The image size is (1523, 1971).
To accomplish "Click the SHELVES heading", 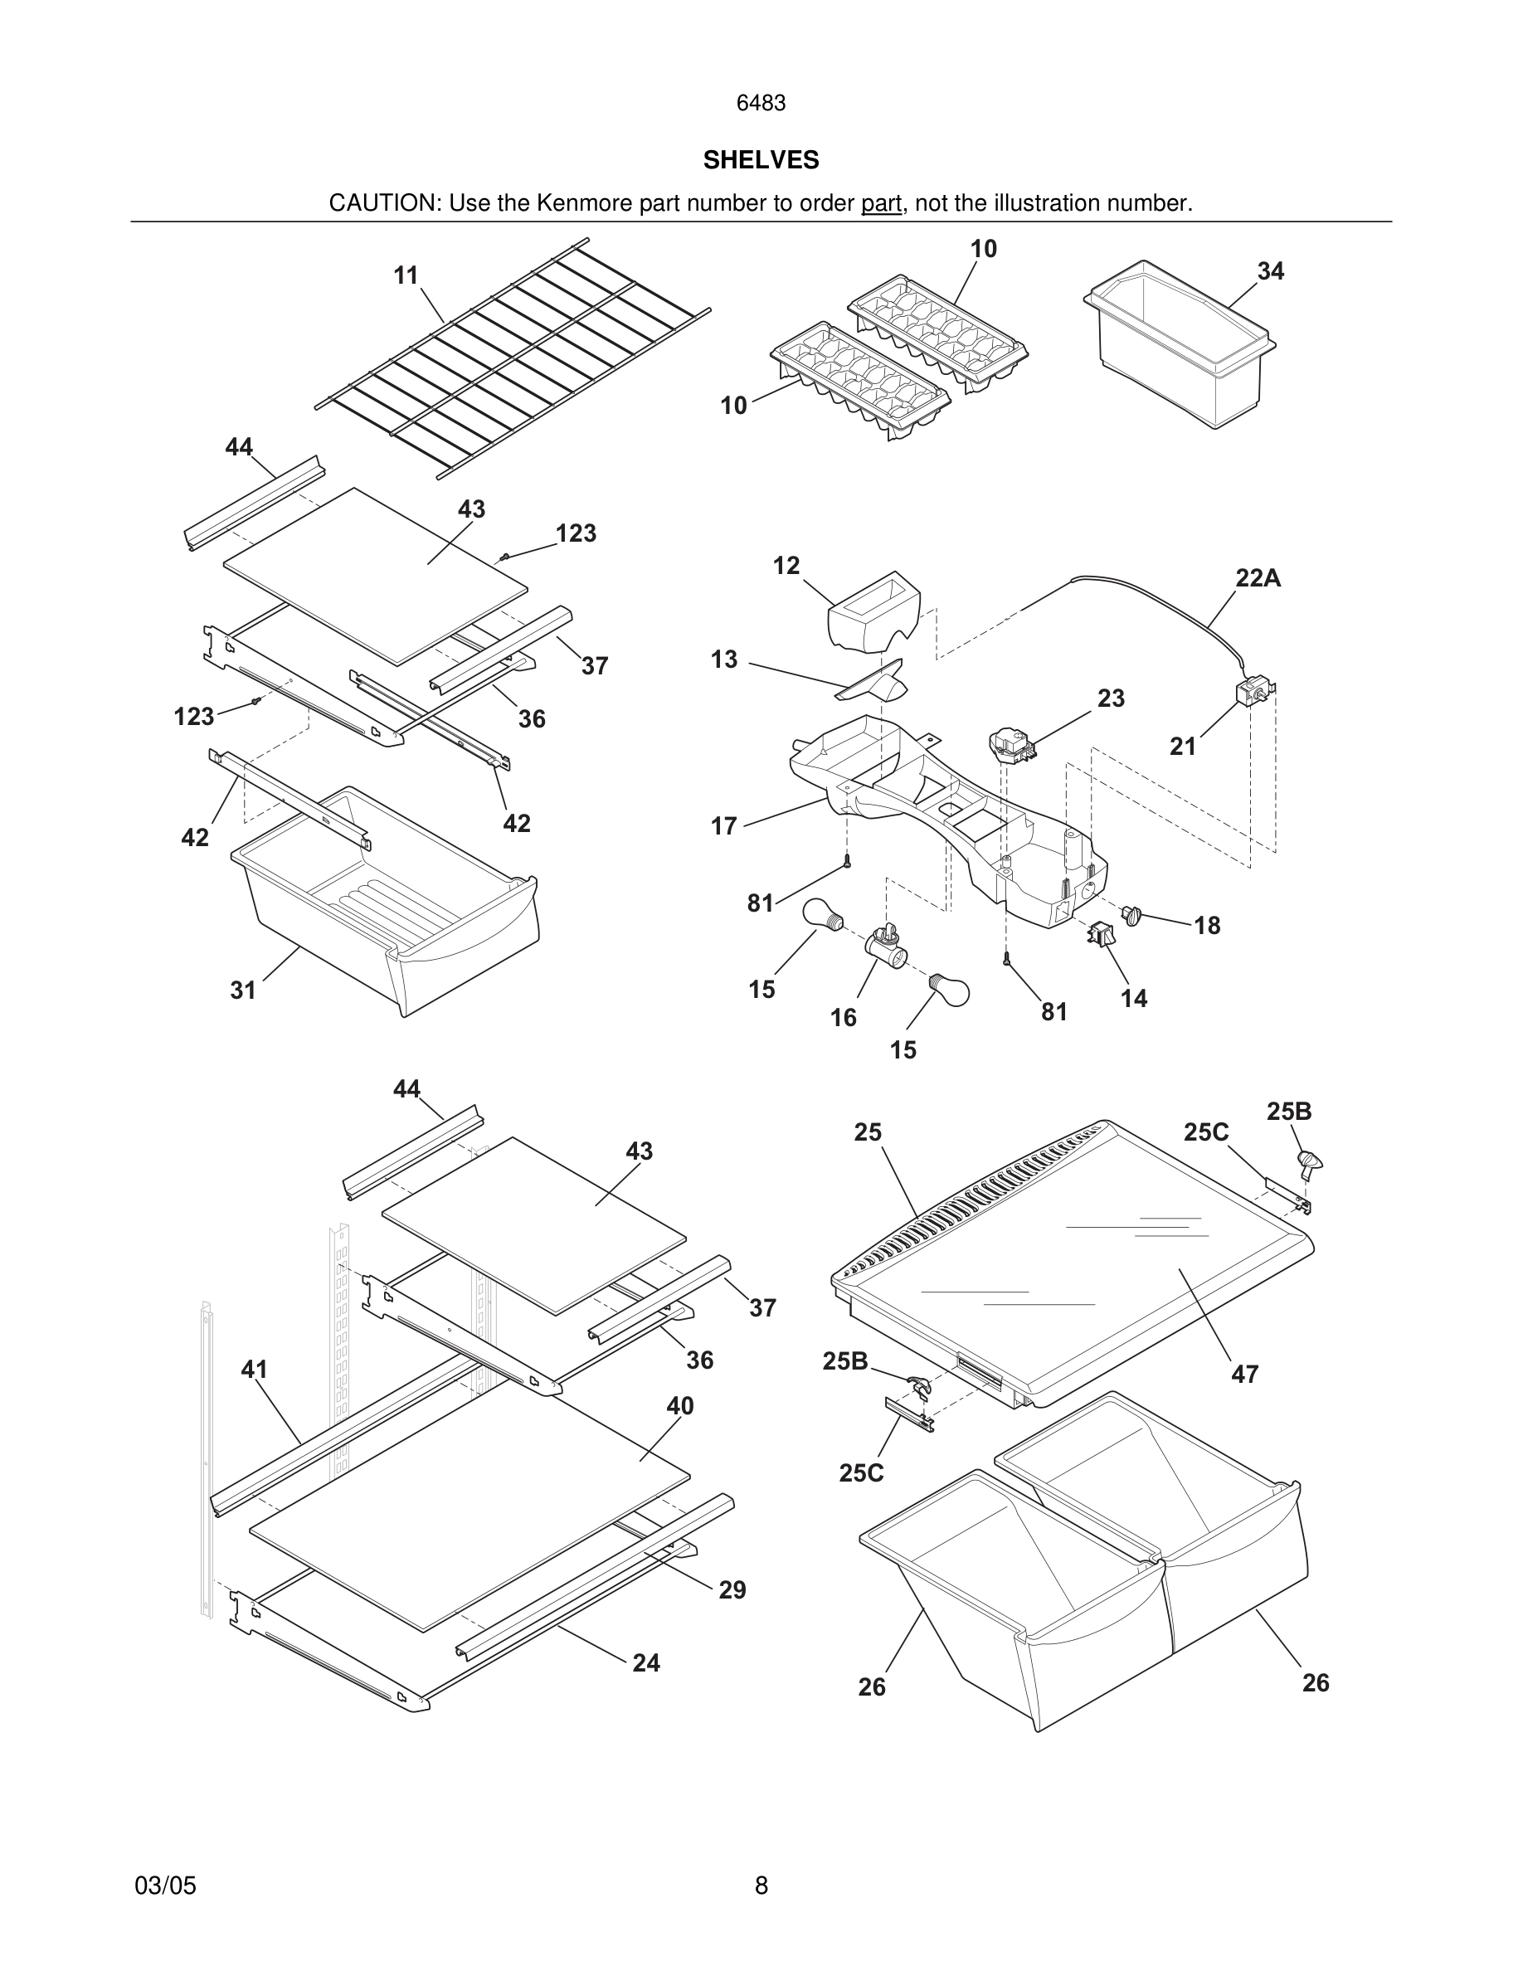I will pyautogui.click(x=761, y=160).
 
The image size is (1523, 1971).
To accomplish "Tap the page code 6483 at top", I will pyautogui.click(x=761, y=103).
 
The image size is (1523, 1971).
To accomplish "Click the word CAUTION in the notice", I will pyautogui.click(x=382, y=203).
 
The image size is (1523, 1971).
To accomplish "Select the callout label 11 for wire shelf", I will pyautogui.click(x=406, y=275).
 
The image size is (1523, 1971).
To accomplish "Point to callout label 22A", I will pyautogui.click(x=1258, y=578).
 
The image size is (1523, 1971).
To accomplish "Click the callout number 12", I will pyautogui.click(x=786, y=566).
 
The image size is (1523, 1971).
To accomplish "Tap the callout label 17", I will pyautogui.click(x=723, y=825).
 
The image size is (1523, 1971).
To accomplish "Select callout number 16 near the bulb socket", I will pyautogui.click(x=843, y=1018).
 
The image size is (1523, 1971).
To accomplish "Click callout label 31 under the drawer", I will pyautogui.click(x=243, y=990).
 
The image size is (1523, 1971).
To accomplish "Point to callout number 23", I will pyautogui.click(x=1111, y=698).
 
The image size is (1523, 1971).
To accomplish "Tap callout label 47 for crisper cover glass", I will pyautogui.click(x=1244, y=1375).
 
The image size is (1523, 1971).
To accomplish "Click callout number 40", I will pyautogui.click(x=679, y=1405).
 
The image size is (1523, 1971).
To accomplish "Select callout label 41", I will pyautogui.click(x=254, y=1369).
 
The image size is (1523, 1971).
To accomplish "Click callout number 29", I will pyautogui.click(x=732, y=1590).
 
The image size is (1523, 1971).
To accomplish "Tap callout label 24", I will pyautogui.click(x=646, y=1662).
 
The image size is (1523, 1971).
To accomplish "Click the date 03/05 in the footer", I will pyautogui.click(x=165, y=1886).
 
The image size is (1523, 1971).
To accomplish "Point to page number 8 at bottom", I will pyautogui.click(x=761, y=1886).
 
